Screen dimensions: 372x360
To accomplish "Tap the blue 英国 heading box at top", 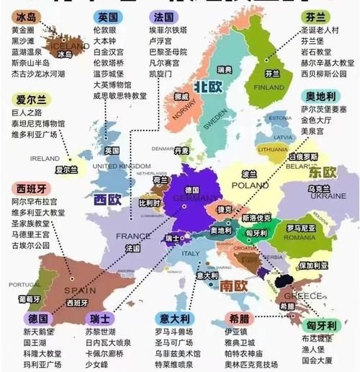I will coord(107,17).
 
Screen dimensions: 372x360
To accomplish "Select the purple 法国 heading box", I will coord(163,17).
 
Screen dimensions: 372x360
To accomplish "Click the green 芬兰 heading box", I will coord(315,15).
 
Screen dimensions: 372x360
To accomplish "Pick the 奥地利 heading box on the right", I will coord(319,96).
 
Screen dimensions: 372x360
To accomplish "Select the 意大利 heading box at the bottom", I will coord(174,318).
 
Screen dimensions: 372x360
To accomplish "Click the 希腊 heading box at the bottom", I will coord(239,318).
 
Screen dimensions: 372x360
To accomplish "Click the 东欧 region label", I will coord(323,172).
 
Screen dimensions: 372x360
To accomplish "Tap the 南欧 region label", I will coord(234,285).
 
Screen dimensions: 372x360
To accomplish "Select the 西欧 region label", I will coord(107,199).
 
